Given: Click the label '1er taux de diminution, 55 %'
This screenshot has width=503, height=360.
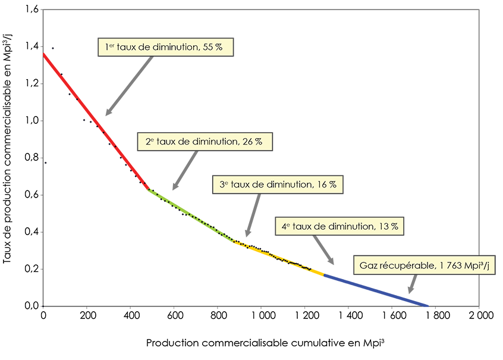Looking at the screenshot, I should pos(166,47).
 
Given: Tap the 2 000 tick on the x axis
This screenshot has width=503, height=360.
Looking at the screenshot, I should pos(479,315).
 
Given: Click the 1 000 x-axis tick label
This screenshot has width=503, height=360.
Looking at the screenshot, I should pos(262,315).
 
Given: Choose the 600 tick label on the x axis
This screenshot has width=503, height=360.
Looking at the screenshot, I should pos(174,315).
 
